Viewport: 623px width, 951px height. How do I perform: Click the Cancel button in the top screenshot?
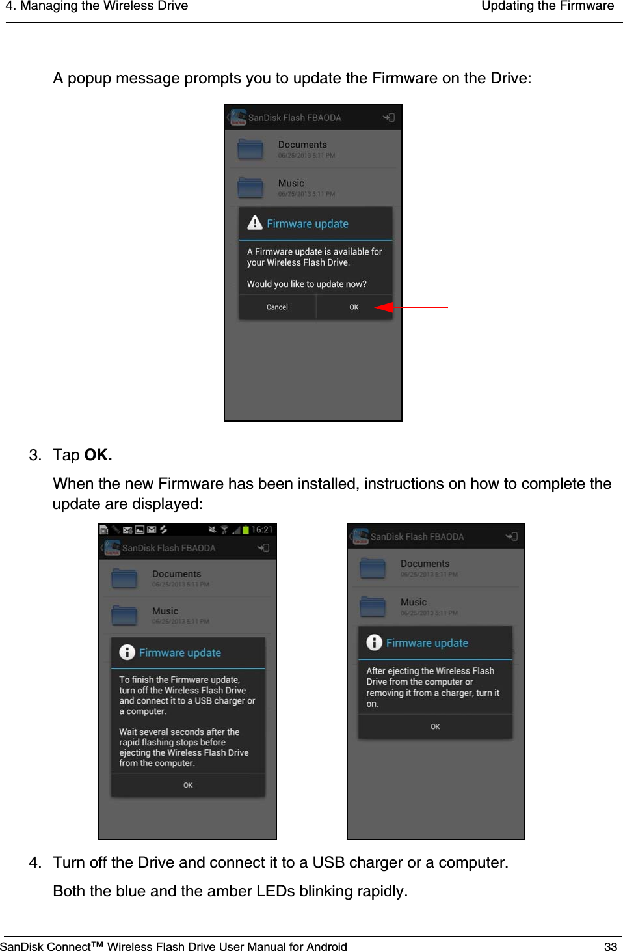(277, 307)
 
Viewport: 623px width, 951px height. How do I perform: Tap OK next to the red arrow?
(354, 307)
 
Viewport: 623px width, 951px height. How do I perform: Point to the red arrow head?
(384, 307)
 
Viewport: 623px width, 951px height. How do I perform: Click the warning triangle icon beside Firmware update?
(255, 223)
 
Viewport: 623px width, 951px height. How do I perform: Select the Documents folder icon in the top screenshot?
(250, 149)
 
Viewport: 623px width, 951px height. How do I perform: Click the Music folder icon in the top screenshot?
(250, 187)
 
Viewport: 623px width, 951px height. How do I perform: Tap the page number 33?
(610, 946)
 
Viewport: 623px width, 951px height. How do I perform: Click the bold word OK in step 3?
(98, 455)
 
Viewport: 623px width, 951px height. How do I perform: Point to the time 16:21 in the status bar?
(262, 530)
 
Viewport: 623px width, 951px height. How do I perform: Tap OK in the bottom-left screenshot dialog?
(188, 785)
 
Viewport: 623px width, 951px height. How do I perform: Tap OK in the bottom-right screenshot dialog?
(435, 726)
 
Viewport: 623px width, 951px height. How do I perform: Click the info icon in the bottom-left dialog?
(127, 652)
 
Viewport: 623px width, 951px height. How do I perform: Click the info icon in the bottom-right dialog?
(375, 642)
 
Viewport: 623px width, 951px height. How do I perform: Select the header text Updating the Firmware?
(547, 7)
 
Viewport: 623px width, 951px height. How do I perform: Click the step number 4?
(34, 862)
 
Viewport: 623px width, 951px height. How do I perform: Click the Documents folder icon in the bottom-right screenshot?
(373, 568)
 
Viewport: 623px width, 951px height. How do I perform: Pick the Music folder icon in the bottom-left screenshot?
(124, 615)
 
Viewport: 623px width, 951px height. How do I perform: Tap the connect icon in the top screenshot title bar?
(388, 118)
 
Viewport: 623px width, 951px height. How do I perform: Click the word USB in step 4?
(328, 862)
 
